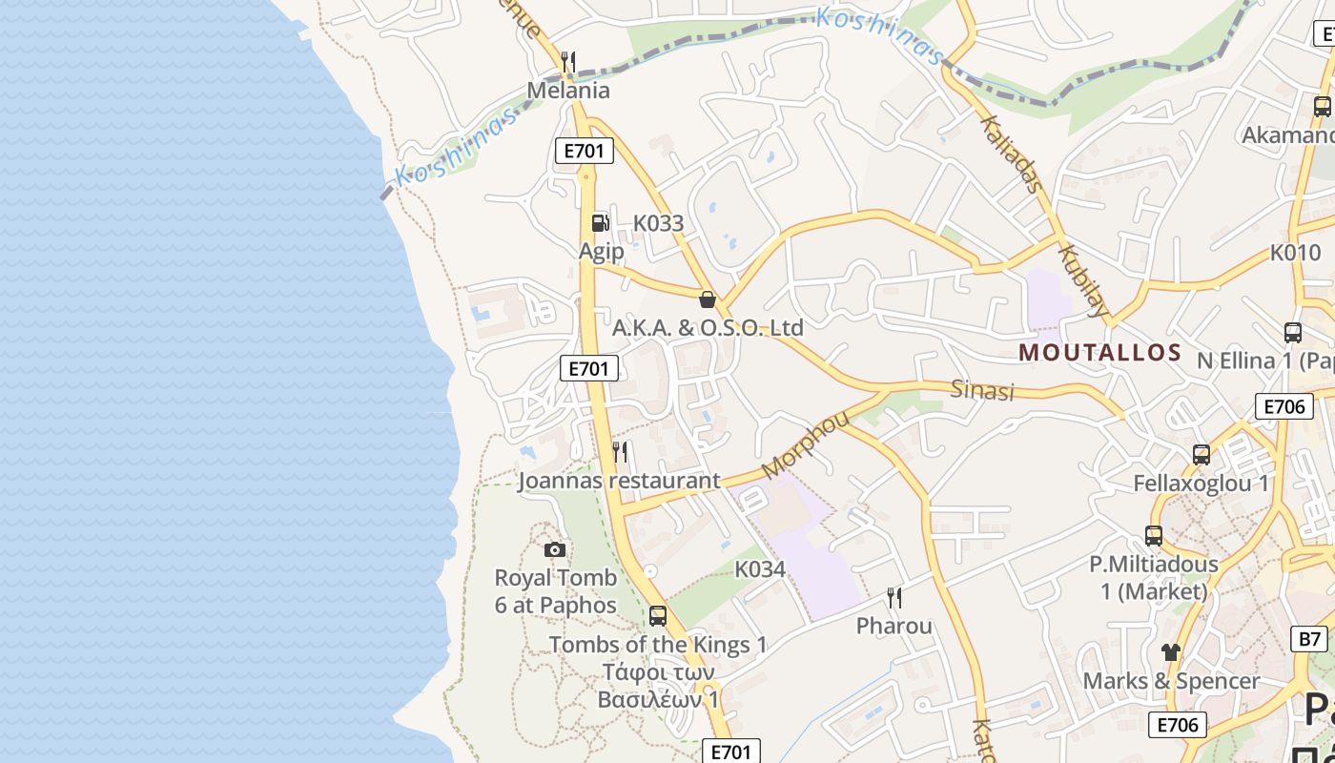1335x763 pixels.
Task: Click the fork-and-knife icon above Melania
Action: (x=568, y=63)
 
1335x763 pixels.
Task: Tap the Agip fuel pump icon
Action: (x=600, y=223)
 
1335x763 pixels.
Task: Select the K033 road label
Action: (x=658, y=223)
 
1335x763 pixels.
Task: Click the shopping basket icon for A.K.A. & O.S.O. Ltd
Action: (x=708, y=299)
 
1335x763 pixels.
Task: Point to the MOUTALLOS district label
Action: (x=1100, y=353)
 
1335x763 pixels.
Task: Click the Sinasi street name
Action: (x=982, y=389)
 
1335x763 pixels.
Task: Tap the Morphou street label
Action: (x=805, y=443)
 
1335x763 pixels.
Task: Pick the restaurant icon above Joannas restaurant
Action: (x=620, y=451)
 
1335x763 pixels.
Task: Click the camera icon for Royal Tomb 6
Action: (x=555, y=549)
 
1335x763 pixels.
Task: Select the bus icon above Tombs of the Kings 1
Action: (x=658, y=616)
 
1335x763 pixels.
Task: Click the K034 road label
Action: (x=760, y=569)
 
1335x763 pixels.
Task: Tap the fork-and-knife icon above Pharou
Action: (x=894, y=598)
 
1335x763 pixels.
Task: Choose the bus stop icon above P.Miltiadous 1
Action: (x=1154, y=536)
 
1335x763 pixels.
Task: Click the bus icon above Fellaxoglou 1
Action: (x=1201, y=455)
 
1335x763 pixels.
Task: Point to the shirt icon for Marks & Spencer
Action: (x=1171, y=652)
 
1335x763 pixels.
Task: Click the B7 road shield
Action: (x=1310, y=638)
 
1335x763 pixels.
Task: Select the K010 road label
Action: (x=1295, y=253)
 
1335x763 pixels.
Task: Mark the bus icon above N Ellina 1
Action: (x=1293, y=333)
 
